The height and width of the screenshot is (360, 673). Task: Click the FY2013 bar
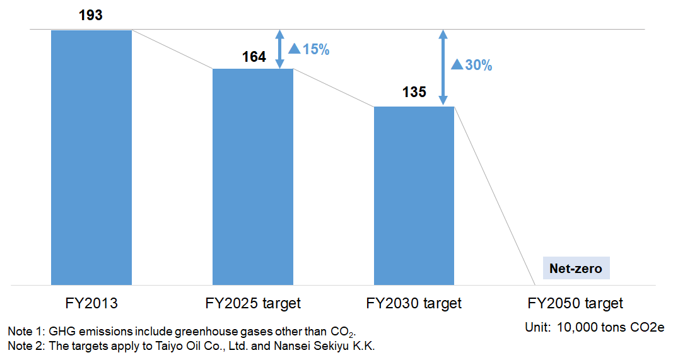click(91, 158)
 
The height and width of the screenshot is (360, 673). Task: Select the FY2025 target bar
click(253, 177)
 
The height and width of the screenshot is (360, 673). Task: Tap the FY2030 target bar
click(414, 195)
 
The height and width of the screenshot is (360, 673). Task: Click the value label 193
click(91, 15)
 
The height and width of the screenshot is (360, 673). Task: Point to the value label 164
click(254, 57)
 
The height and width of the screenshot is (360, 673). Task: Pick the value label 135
click(414, 92)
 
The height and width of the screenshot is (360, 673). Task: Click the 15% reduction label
click(309, 49)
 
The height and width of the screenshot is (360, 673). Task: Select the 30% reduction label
click(471, 64)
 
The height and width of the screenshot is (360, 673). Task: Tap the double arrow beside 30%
click(443, 67)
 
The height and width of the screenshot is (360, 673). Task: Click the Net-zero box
click(576, 268)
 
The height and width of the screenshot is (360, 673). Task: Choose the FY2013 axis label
click(91, 303)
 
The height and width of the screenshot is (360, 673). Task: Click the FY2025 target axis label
click(253, 303)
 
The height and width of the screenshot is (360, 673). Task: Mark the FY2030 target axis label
click(414, 303)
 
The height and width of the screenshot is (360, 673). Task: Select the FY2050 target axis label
click(575, 303)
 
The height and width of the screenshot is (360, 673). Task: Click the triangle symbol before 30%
click(457, 64)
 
